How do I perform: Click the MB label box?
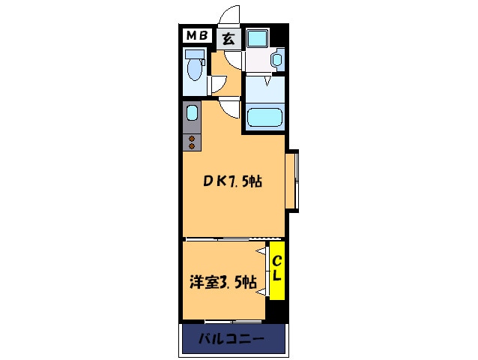[198, 36]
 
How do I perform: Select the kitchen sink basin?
[191, 113]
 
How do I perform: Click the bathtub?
[264, 118]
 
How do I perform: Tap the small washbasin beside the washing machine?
[277, 58]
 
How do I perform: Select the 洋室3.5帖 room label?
[222, 283]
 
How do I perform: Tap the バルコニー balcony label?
[232, 340]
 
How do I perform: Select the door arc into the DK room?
[230, 109]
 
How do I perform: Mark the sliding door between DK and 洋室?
[225, 239]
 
